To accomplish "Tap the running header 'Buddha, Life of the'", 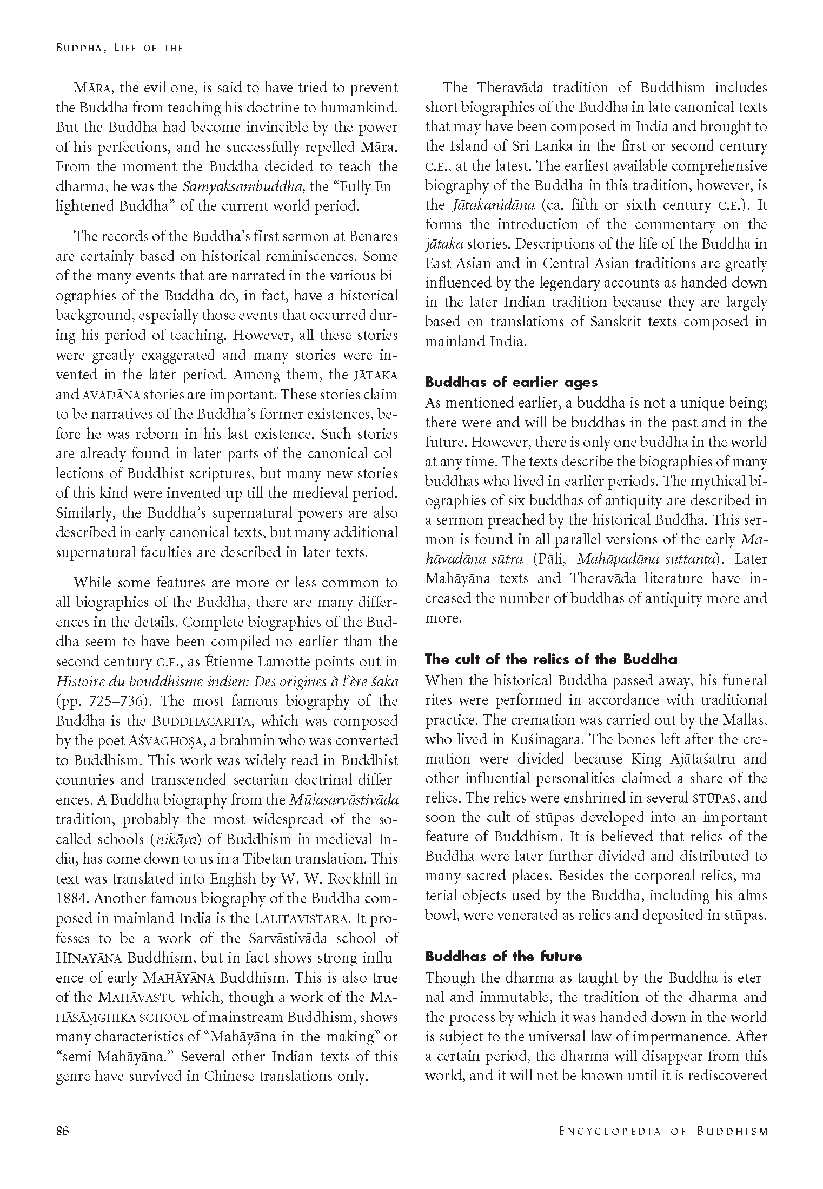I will click(120, 48).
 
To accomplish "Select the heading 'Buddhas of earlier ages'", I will click(511, 382).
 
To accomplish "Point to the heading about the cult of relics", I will click(551, 659).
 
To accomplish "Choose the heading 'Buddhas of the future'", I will click(503, 957).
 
